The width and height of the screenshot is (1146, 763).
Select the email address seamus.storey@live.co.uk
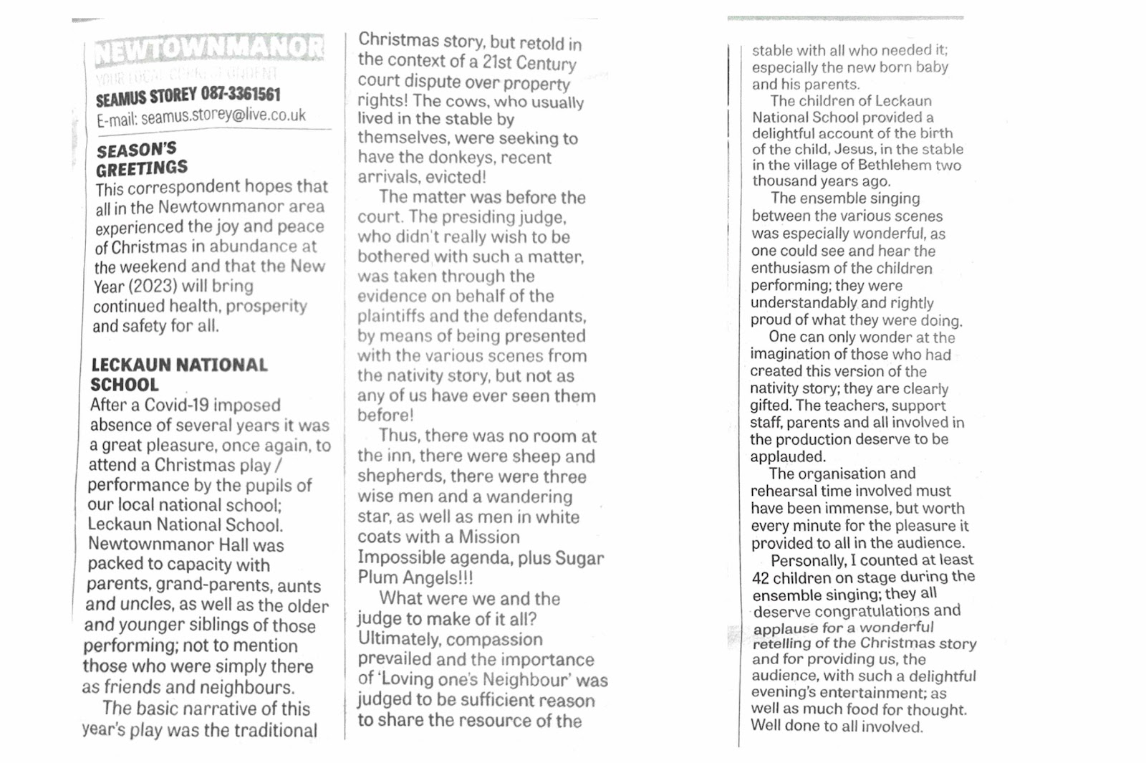[x=223, y=115]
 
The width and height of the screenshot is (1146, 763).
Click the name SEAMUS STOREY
[x=146, y=97]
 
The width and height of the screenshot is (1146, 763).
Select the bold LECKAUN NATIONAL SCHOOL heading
[x=178, y=375]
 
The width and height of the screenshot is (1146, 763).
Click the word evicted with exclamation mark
[x=453, y=177]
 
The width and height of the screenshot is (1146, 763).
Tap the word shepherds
[x=400, y=476]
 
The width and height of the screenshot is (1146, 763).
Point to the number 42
[x=761, y=578]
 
